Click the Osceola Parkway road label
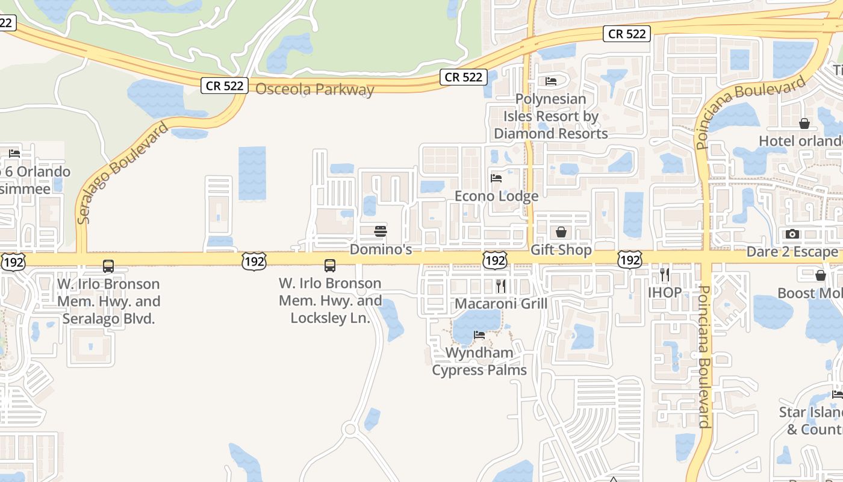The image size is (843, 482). [315, 90]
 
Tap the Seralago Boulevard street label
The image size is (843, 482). [122, 173]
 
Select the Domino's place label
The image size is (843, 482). [381, 249]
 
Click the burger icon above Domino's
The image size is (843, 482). [381, 231]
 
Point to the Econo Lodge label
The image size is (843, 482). [496, 196]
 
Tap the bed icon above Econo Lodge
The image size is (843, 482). [496, 178]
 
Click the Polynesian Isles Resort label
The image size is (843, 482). [550, 116]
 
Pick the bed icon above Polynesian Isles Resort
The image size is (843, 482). [551, 81]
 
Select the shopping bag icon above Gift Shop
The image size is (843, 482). [561, 232]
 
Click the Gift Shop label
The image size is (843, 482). [561, 249]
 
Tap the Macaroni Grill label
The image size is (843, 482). [501, 303]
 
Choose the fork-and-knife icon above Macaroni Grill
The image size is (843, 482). [500, 286]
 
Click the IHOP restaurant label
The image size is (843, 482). [665, 293]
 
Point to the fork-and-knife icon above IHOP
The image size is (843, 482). [665, 275]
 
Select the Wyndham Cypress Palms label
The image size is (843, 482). [479, 361]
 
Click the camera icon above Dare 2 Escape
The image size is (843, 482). [792, 234]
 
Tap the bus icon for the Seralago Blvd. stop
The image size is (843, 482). [108, 266]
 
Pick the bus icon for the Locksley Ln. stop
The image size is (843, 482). [330, 266]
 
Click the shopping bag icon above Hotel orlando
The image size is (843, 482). [804, 124]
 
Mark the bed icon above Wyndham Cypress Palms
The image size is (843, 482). [479, 335]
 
